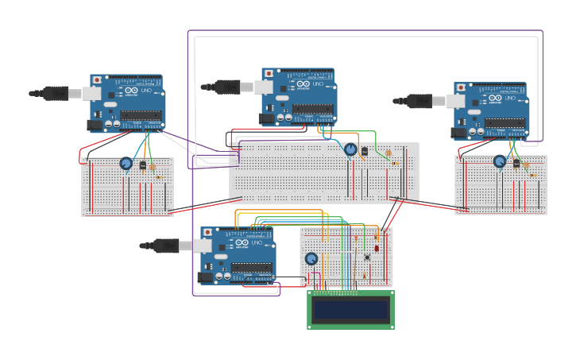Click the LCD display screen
pyautogui.click(x=350, y=310)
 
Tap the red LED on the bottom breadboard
pyautogui.click(x=377, y=247)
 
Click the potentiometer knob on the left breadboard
pyautogui.click(x=126, y=164)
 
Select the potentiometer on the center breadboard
pyautogui.click(x=350, y=149)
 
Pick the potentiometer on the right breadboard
pyautogui.click(x=500, y=161)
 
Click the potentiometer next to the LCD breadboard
pyautogui.click(x=311, y=259)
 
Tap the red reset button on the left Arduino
pyautogui.click(x=97, y=80)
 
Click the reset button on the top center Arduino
pyautogui.click(x=269, y=74)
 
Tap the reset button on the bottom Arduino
pyautogui.click(x=208, y=233)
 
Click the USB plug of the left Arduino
pyautogui.click(x=56, y=93)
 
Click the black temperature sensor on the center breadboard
pyautogui.click(x=365, y=151)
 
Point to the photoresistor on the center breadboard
pyautogui.click(x=389, y=153)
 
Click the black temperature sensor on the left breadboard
pyautogui.click(x=143, y=165)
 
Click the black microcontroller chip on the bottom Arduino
pyautogui.click(x=253, y=267)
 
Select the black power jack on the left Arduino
pyautogui.click(x=95, y=125)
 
